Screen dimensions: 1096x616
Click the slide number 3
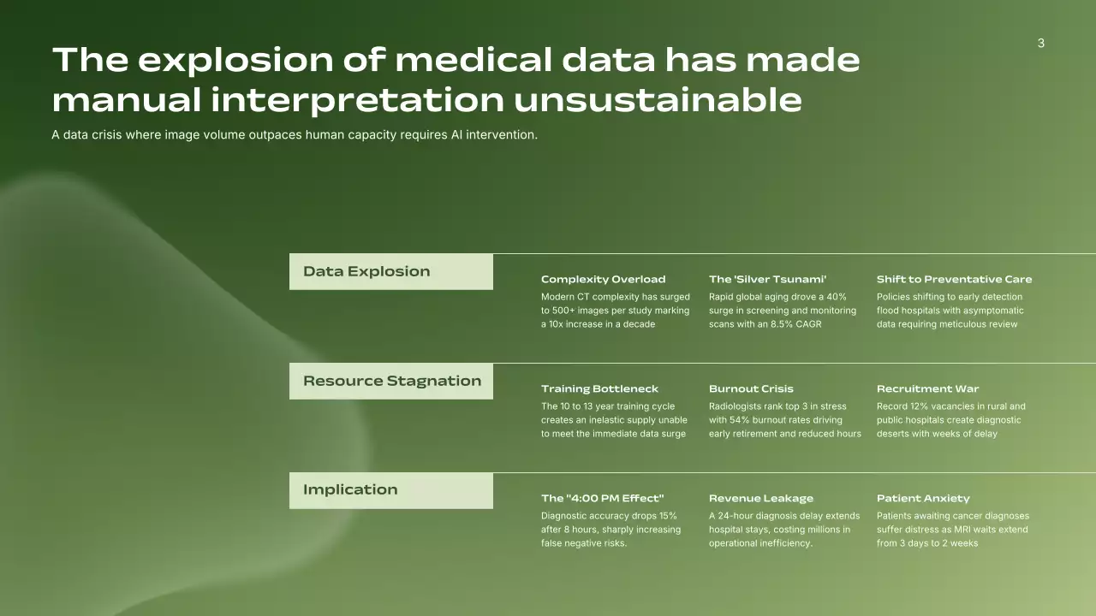1041,43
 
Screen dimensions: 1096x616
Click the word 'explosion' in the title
235,61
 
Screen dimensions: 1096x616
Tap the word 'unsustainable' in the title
658,100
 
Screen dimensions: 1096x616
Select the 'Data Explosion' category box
391,271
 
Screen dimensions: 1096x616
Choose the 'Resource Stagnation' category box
391,381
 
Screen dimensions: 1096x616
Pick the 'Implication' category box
391,490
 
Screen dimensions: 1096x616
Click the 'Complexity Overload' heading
604,279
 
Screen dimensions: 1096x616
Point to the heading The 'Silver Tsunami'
768,279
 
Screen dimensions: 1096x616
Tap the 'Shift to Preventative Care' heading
954,279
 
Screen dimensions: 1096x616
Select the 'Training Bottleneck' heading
600,388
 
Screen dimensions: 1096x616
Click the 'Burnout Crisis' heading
751,388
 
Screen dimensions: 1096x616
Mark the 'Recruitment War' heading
927,388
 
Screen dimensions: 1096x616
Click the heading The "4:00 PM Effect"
602,498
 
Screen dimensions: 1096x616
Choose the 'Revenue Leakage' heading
761,498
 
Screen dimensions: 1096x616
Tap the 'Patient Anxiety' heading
923,498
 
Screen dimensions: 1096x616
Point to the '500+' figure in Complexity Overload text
563,311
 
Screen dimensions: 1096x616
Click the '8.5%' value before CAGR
782,324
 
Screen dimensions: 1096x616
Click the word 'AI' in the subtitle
456,134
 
